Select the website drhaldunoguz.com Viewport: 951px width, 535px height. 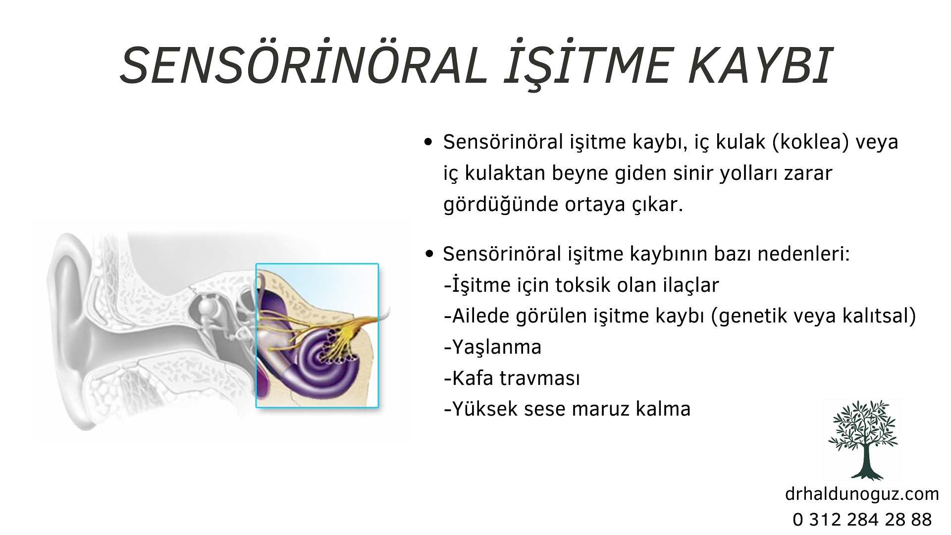pos(862,494)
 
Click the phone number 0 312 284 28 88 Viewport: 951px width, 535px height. pos(862,520)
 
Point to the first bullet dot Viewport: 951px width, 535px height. pos(429,143)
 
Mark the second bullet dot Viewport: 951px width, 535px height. pos(429,254)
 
